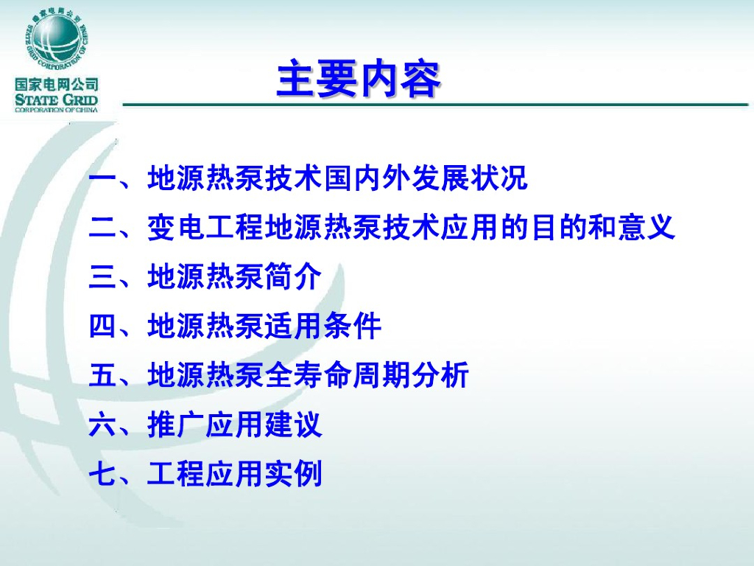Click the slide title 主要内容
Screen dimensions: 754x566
tap(359, 80)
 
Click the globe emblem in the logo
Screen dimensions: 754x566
tap(57, 40)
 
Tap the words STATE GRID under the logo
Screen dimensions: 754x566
tap(56, 99)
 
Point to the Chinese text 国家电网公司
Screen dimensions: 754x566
tap(56, 85)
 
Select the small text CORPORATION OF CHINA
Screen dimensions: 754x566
tap(56, 110)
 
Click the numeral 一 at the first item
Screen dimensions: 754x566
tap(102, 178)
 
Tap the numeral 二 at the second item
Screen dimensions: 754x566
tap(102, 227)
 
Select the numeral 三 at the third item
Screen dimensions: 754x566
tap(102, 277)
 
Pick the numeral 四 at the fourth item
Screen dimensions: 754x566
tap(102, 326)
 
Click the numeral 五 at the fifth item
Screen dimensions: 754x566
tap(102, 375)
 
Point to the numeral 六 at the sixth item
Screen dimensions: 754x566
tap(102, 424)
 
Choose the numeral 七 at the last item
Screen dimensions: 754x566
tap(102, 474)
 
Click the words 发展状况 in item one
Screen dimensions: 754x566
tap(471, 178)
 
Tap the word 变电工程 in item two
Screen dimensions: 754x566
tap(205, 227)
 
